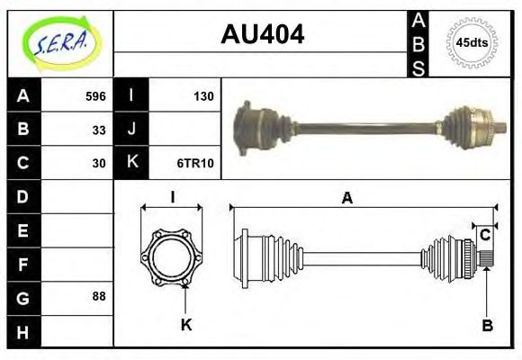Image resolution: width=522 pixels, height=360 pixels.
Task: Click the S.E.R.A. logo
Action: pyautogui.click(x=60, y=42)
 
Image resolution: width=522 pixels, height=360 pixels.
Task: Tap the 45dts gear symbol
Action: pyautogui.click(x=472, y=41)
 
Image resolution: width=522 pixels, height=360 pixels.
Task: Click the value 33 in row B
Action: pyautogui.click(x=99, y=130)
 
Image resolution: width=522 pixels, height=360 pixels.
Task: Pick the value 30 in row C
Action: pyautogui.click(x=99, y=163)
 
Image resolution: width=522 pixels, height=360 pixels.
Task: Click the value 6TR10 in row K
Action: pyautogui.click(x=197, y=163)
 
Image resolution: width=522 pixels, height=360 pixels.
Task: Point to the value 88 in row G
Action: pyautogui.click(x=99, y=296)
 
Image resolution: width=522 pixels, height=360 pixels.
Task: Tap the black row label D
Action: pyautogui.click(x=22, y=196)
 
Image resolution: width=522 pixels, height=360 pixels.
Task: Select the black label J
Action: pyautogui.click(x=131, y=130)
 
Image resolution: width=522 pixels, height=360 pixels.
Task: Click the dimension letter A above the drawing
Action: pyautogui.click(x=346, y=199)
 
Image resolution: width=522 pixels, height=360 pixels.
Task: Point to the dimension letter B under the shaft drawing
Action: pyautogui.click(x=487, y=326)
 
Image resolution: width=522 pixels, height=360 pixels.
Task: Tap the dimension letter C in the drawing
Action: pyautogui.click(x=485, y=235)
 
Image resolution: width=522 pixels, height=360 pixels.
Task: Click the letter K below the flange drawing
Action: pyautogui.click(x=186, y=324)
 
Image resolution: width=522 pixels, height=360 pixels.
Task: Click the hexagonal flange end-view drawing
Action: pyautogui.click(x=172, y=256)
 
